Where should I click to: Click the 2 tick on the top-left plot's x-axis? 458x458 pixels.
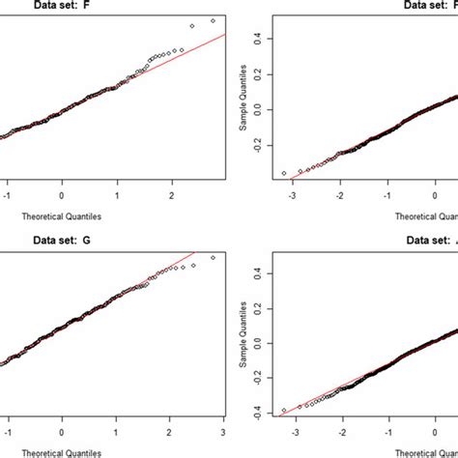171,194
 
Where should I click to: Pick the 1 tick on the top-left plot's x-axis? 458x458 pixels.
116,194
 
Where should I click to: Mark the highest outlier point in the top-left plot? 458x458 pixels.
214,19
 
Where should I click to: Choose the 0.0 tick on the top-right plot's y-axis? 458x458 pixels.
255,108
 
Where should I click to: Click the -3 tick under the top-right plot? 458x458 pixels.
293,194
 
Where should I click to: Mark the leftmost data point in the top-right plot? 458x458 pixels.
283,173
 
